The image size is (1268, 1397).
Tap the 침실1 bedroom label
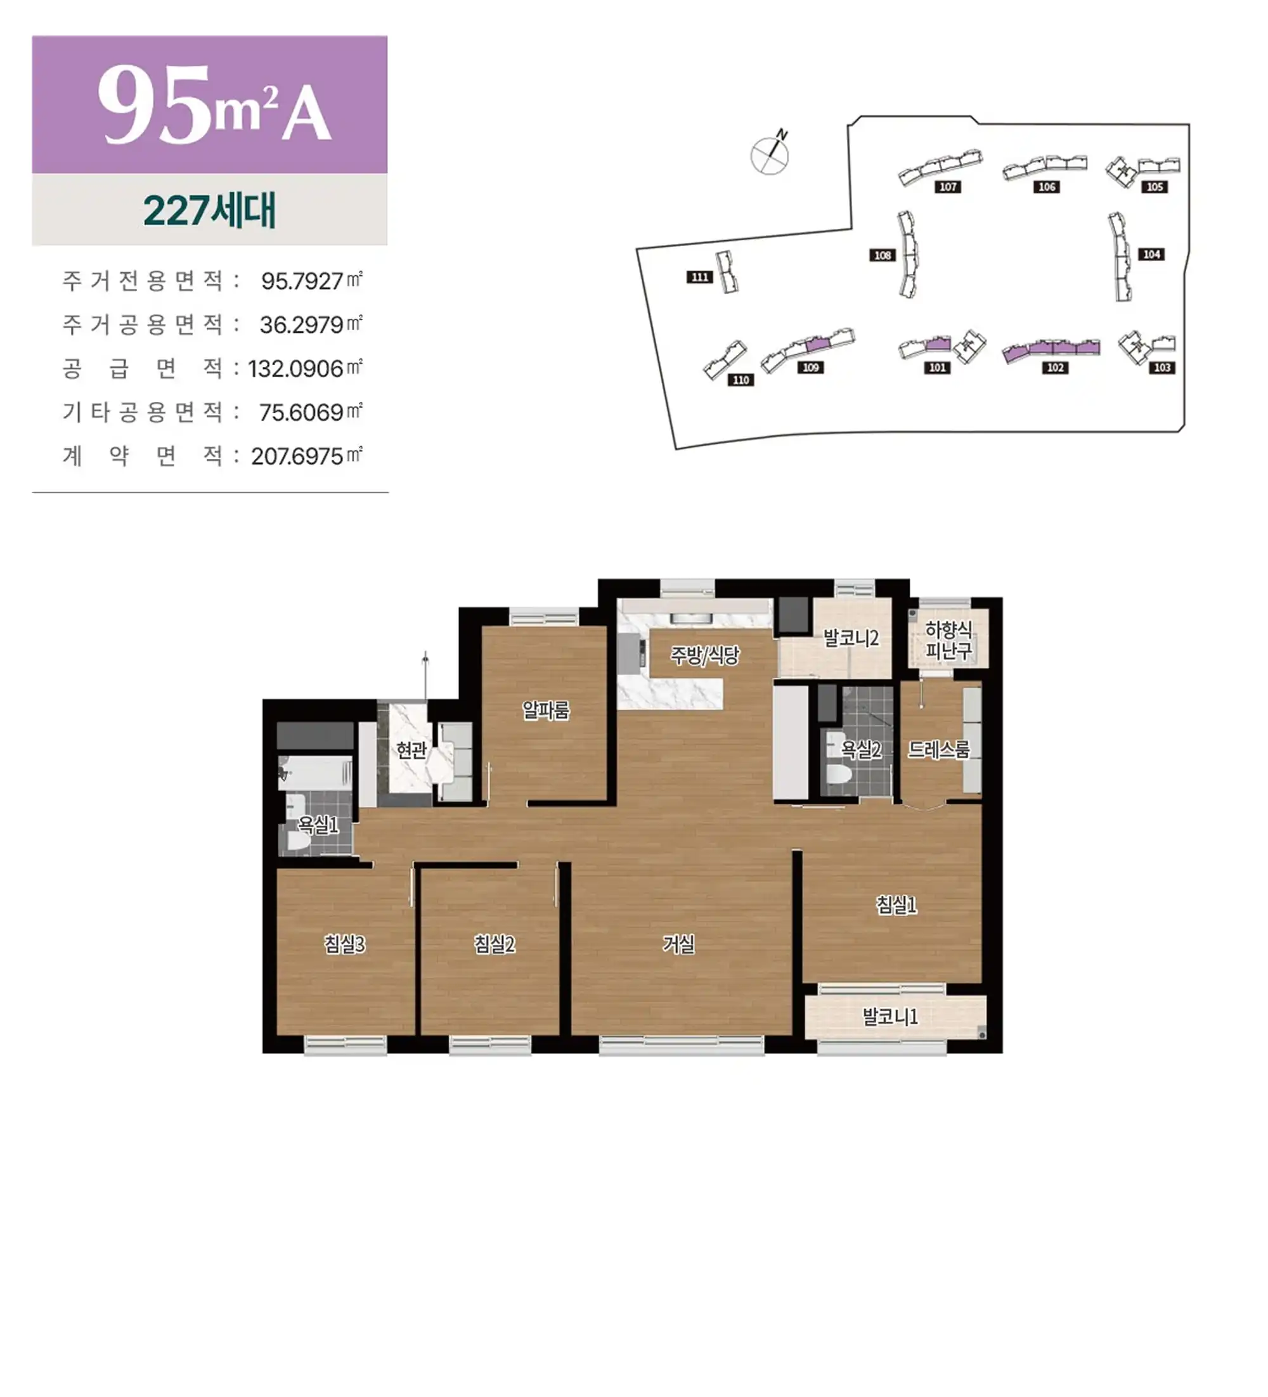click(896, 905)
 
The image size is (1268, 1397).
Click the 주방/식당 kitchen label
click(704, 655)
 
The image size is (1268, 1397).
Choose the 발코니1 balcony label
click(890, 1017)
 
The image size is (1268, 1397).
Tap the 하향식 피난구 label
click(948, 640)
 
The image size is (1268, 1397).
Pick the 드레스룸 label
click(939, 749)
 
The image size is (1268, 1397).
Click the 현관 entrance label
click(410, 750)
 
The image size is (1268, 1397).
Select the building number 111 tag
click(699, 277)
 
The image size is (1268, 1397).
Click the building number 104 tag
click(1151, 254)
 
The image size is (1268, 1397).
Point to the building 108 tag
click(883, 255)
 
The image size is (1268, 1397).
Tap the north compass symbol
click(770, 153)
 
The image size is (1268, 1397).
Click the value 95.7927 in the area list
click(302, 281)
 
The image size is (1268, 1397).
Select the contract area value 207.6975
click(297, 456)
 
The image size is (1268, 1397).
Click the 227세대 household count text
click(209, 210)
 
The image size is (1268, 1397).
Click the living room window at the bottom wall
click(682, 1046)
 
